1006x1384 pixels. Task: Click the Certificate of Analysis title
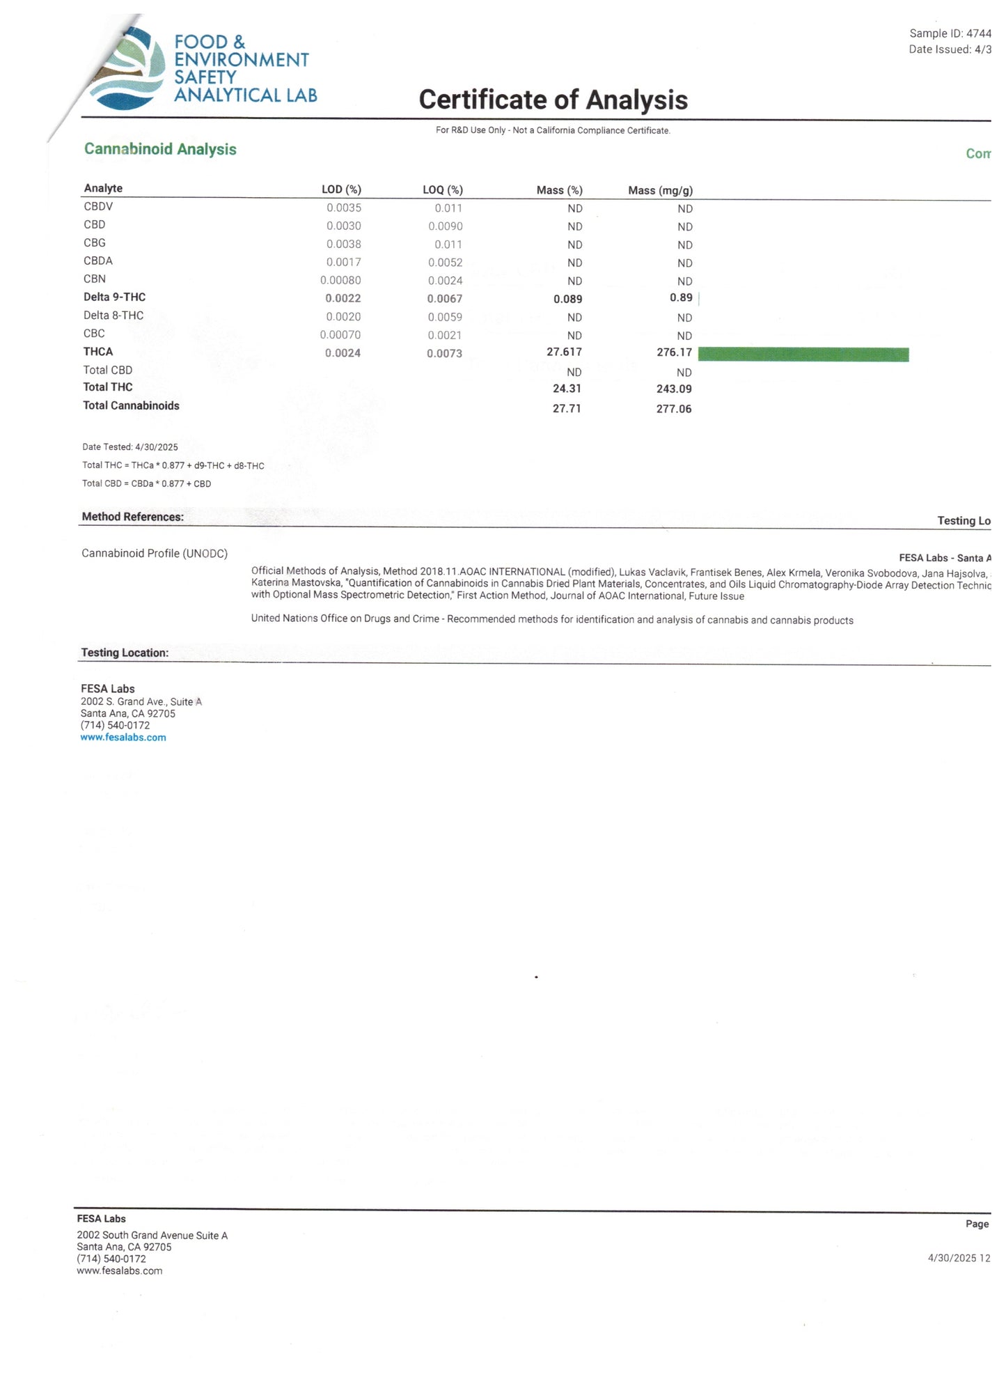tap(553, 100)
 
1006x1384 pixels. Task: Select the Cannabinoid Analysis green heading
tap(160, 149)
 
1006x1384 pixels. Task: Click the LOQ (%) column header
tap(443, 189)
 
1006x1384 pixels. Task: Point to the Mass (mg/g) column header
tap(660, 190)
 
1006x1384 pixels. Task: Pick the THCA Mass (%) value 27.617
tap(564, 352)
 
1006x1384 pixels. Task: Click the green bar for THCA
tap(803, 354)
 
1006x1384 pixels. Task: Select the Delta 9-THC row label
tap(115, 297)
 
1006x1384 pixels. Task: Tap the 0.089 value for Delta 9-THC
tap(567, 299)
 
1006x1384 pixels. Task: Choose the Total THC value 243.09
tap(673, 389)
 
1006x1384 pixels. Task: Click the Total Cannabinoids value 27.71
tap(567, 408)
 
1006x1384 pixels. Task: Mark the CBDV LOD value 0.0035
tap(344, 208)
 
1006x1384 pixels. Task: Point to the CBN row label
tap(95, 279)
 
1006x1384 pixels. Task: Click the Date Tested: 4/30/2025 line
tap(130, 447)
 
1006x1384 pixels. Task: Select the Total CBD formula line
tap(146, 483)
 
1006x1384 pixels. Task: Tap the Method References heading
tap(133, 517)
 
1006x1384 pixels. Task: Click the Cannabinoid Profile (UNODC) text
tap(155, 553)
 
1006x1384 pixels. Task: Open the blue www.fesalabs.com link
tap(123, 738)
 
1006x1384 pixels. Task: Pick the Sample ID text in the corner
tap(950, 33)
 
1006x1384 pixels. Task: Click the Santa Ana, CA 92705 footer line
tap(124, 1247)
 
